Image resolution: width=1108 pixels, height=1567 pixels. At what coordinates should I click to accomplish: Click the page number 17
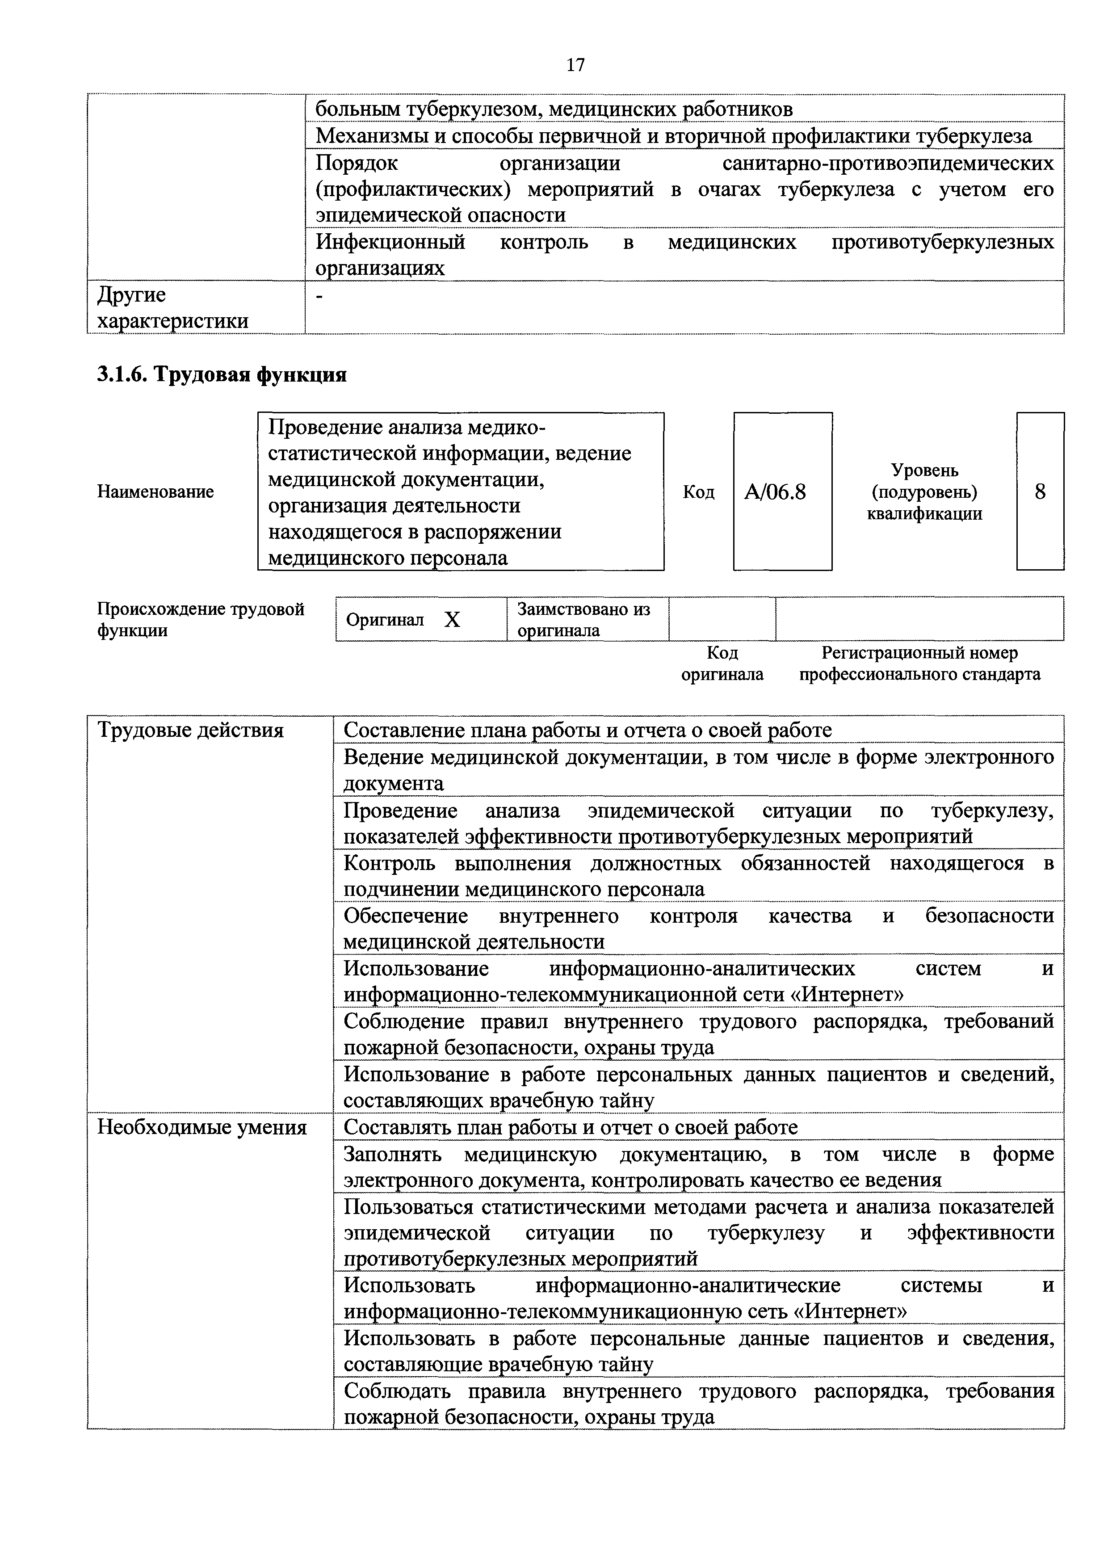tap(575, 65)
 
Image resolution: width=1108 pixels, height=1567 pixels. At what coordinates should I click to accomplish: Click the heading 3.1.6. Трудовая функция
tap(222, 375)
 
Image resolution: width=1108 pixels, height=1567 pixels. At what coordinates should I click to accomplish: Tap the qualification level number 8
tap(1040, 492)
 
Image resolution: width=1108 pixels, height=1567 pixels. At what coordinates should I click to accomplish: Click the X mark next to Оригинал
tap(452, 620)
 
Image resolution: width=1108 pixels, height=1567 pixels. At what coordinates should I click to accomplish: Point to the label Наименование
tap(155, 492)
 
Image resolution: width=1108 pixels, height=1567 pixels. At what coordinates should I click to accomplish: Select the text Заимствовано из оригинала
tap(583, 619)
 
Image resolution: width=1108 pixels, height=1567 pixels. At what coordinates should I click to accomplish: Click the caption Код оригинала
tap(722, 664)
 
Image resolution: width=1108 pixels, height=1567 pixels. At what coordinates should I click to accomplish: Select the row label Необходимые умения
tap(202, 1127)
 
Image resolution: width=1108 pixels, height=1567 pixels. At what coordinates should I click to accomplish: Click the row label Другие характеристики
tap(172, 308)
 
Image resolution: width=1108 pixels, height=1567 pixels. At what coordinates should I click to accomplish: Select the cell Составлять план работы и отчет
tap(571, 1127)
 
